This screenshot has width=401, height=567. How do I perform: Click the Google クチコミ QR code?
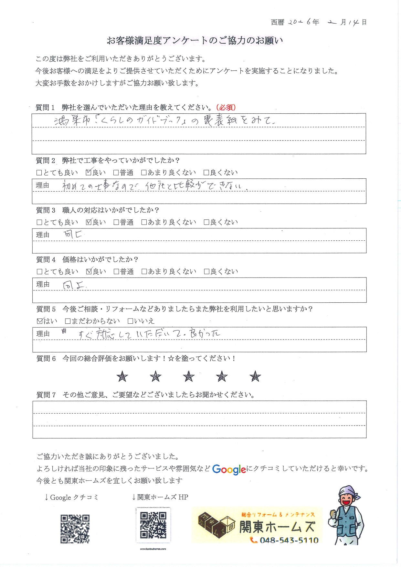[x=75, y=529]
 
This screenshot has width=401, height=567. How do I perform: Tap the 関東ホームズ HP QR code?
[x=153, y=525]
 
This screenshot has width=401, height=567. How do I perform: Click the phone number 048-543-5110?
[x=289, y=540]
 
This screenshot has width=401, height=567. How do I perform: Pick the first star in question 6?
[x=122, y=376]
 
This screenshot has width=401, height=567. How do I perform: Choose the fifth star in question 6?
[x=255, y=376]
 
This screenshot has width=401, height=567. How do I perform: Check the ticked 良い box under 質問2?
[x=89, y=173]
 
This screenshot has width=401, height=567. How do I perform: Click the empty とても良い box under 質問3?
[x=39, y=222]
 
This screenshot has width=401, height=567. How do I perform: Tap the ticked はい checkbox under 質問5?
[x=40, y=321]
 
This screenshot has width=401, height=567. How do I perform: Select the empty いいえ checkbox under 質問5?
[x=130, y=321]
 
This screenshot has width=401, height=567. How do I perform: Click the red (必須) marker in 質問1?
[x=226, y=107]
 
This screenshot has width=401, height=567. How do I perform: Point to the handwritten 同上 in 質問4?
[x=74, y=285]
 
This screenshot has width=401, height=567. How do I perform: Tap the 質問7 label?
[x=46, y=395]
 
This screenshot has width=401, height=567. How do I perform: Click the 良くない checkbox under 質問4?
[x=206, y=272]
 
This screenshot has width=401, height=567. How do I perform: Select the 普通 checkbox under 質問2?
[x=116, y=173]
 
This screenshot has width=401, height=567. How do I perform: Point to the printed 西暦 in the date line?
[x=277, y=22]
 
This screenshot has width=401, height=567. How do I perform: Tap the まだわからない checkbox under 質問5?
[x=68, y=321]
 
